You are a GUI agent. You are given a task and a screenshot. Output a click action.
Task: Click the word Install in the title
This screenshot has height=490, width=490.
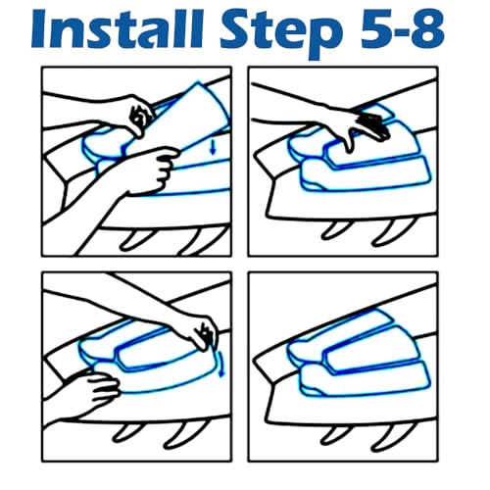(x=118, y=29)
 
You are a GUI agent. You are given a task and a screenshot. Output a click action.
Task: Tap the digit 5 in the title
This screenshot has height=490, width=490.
(x=375, y=30)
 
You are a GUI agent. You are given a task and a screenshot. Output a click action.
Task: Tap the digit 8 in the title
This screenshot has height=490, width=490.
(x=426, y=29)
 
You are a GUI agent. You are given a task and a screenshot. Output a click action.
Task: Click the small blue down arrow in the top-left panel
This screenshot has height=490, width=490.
(x=214, y=148)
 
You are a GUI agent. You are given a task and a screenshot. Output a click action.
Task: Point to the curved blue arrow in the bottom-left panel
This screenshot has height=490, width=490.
(x=220, y=363)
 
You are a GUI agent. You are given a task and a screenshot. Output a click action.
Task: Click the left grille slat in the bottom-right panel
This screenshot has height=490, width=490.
(x=336, y=433)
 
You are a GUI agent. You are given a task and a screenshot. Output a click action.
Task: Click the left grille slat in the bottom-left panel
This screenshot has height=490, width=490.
(x=128, y=432)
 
